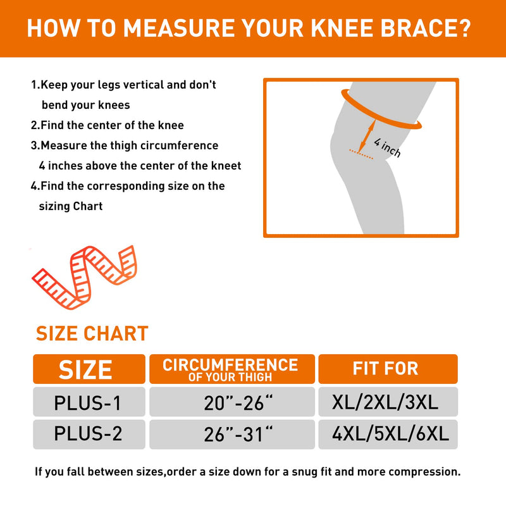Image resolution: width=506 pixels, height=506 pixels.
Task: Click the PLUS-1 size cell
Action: coord(89,402)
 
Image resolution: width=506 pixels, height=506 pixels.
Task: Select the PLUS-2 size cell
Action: coord(89,434)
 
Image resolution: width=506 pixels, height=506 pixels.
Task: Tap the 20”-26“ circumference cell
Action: coord(231,402)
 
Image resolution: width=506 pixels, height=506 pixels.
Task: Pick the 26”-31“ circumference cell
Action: coord(231,434)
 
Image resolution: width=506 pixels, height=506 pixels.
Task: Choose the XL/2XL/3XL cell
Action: coord(385,402)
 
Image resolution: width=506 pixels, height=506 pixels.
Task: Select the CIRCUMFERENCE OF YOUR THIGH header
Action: coord(230,369)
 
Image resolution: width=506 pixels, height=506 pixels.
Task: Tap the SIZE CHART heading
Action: coord(92,333)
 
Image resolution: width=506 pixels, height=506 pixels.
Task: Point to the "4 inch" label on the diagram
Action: coord(387,147)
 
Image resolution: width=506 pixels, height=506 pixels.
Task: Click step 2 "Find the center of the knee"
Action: coord(108,125)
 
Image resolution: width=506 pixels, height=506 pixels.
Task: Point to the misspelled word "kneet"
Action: coord(225,166)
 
